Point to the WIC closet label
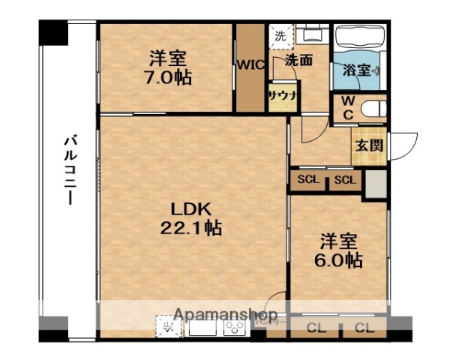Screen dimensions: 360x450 (x=250, y=64)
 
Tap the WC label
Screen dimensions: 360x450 (x=348, y=107)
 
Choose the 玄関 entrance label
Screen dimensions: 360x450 (x=369, y=144)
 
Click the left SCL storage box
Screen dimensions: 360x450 (x=307, y=180)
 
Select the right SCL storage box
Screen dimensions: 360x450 (x=345, y=180)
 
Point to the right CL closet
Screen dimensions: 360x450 (x=364, y=327)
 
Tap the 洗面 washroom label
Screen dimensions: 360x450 (x=298, y=61)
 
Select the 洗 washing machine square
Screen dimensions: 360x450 (x=280, y=35)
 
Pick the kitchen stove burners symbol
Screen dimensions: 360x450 (x=233, y=328)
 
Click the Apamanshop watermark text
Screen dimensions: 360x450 (x=225, y=314)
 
